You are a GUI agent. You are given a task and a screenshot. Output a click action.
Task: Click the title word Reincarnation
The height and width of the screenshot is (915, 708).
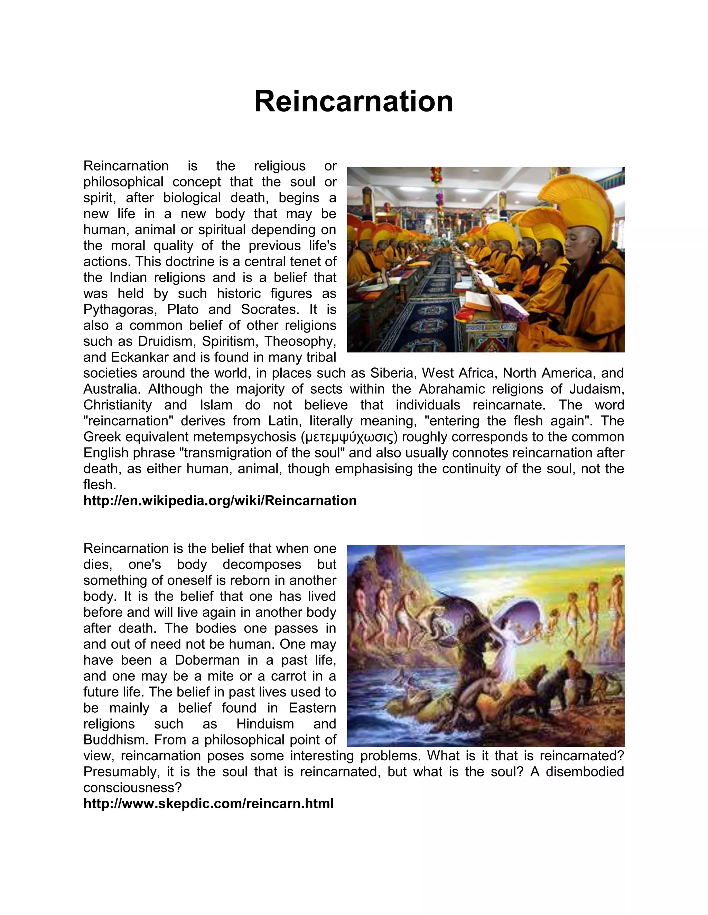[x=354, y=102]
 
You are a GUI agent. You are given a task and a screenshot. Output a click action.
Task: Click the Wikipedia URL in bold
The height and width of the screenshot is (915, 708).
[x=220, y=501]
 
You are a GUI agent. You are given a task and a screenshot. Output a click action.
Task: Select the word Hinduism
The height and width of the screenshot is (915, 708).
[x=265, y=724]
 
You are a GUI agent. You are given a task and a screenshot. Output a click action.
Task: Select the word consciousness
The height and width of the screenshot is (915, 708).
[x=132, y=788]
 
